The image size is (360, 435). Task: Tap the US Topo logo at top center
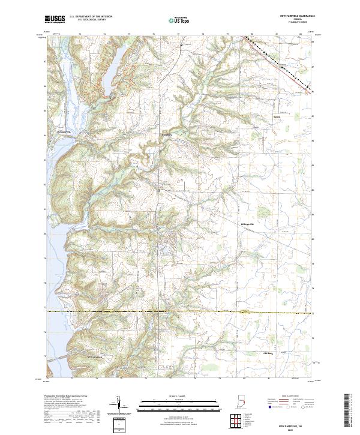179,20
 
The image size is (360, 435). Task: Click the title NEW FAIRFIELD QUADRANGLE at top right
296,17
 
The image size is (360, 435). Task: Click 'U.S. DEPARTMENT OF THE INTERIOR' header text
91,17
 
